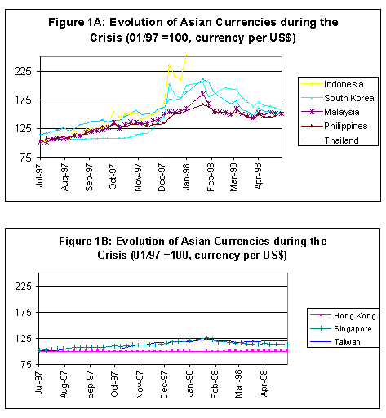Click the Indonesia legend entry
click(x=344, y=84)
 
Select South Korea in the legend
click(x=349, y=98)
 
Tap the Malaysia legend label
click(x=342, y=112)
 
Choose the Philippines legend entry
click(x=346, y=126)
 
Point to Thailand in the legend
click(x=341, y=140)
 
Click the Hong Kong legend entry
click(x=355, y=316)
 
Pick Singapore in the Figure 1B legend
click(x=353, y=329)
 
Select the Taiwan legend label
click(x=347, y=342)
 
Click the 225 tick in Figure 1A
click(x=23, y=72)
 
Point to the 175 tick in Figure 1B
click(x=24, y=313)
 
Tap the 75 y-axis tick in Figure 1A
click(x=26, y=158)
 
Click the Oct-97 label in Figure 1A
click(x=113, y=176)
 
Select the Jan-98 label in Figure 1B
click(x=189, y=384)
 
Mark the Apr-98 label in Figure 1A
click(x=258, y=176)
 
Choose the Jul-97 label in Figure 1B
click(x=38, y=382)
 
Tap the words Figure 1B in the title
click(x=85, y=242)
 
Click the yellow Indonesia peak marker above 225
click(x=170, y=65)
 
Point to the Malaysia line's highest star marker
click(x=203, y=94)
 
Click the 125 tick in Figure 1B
click(x=24, y=339)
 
